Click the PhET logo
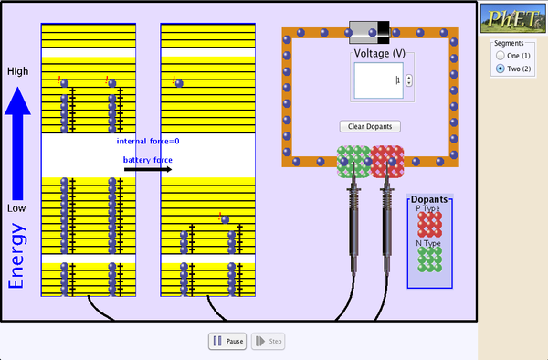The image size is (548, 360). pyautogui.click(x=512, y=17)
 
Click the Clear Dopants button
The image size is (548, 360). pyautogui.click(x=370, y=126)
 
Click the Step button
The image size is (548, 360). pyautogui.click(x=269, y=342)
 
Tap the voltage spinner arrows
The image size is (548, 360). pyautogui.click(x=408, y=80)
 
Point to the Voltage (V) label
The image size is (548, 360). pyautogui.click(x=379, y=53)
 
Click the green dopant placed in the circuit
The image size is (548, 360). pyautogui.click(x=352, y=162)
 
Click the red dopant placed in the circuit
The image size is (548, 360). pyautogui.click(x=386, y=162)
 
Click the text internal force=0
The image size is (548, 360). pyautogui.click(x=148, y=141)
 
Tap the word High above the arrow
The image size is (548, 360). pyautogui.click(x=17, y=70)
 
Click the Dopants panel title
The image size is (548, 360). pyautogui.click(x=428, y=199)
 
